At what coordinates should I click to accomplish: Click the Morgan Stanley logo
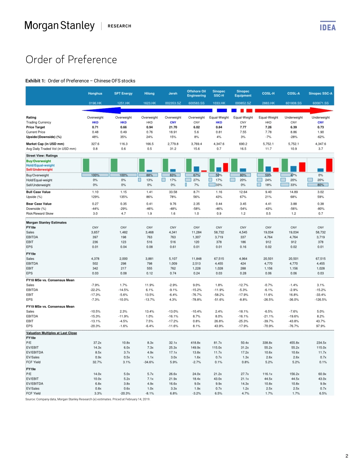tap(59, 26)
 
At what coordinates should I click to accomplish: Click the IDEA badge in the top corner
tap(328, 27)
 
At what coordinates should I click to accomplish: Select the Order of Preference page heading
tap(71, 59)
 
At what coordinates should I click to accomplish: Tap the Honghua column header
tap(95, 93)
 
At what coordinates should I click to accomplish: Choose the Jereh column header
tap(173, 93)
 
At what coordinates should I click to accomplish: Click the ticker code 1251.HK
tap(124, 103)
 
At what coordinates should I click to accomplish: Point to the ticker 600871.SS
tap(320, 103)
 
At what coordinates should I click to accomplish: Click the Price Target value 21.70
tap(173, 127)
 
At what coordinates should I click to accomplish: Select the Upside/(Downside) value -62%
tap(320, 137)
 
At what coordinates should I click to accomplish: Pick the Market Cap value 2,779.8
tap(173, 144)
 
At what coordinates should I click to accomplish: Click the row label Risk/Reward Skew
tap(40, 213)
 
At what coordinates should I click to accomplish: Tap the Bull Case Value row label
tap(38, 192)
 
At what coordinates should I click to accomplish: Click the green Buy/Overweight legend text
tap(38, 161)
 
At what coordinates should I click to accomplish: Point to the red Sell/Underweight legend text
tap(39, 169)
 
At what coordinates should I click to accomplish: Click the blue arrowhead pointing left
tap(85, 110)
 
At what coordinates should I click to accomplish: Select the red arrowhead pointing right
tap(330, 110)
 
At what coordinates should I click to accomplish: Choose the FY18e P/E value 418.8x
tap(196, 342)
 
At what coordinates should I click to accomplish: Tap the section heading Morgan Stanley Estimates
tap(46, 222)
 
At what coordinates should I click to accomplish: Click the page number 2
tap(347, 456)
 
